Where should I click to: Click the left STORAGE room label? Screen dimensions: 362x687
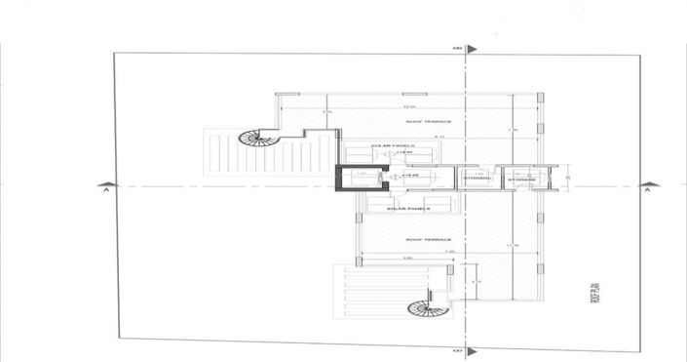pyautogui.click(x=477, y=180)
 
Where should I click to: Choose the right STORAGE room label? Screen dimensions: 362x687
pyautogui.click(x=522, y=180)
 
